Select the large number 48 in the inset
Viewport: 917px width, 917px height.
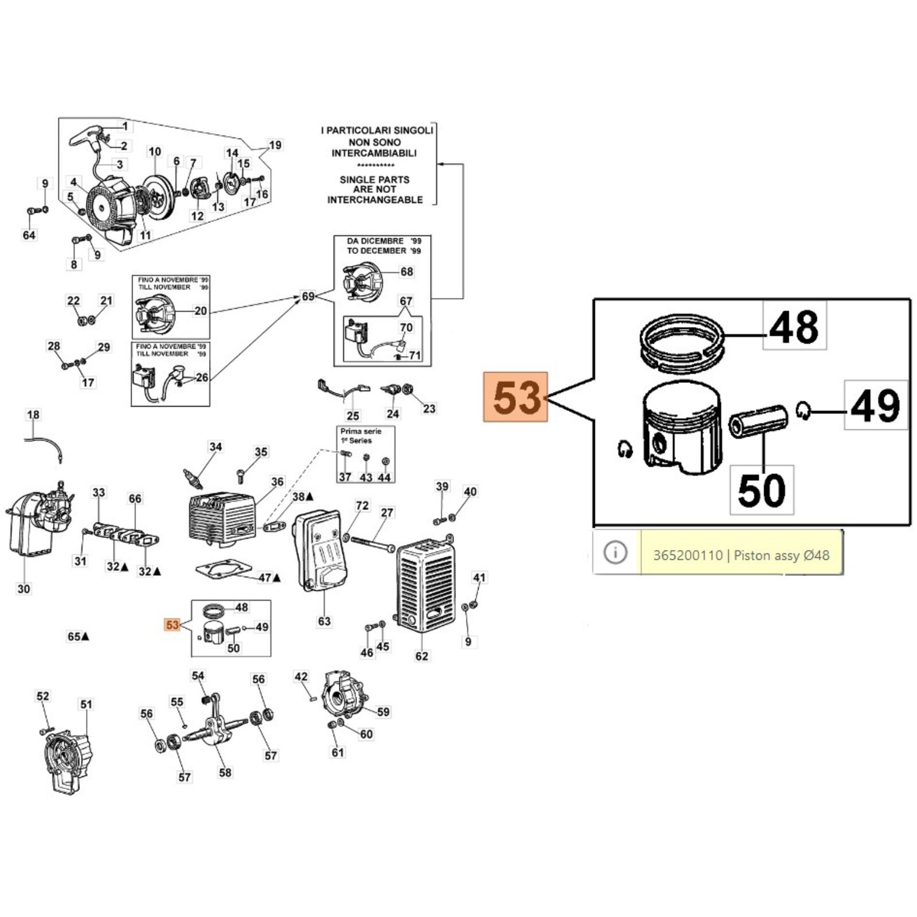coord(794,327)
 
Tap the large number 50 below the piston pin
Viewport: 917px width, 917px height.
coord(761,490)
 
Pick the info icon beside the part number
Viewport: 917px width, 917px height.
coord(616,552)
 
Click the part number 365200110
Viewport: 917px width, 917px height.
coord(688,555)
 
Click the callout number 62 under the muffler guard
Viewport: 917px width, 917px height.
coord(421,656)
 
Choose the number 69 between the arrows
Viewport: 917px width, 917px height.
coord(308,296)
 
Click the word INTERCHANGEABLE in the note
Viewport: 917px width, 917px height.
coord(375,200)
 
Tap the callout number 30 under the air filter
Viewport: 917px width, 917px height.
coord(23,589)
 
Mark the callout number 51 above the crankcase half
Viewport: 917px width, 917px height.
coord(86,704)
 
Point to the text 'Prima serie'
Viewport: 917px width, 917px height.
coord(360,431)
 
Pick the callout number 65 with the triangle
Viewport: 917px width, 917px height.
coord(75,637)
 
